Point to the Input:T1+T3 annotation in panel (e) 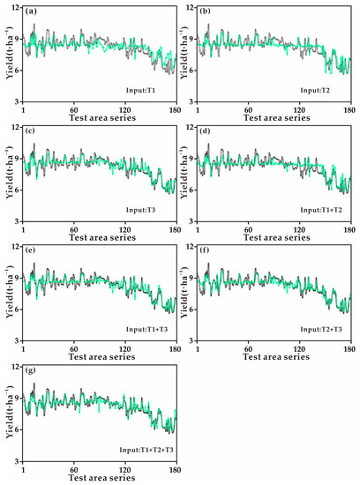click(137, 330)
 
